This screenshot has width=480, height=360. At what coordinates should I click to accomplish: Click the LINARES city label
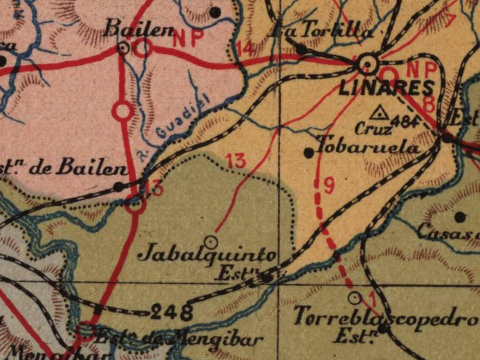(386, 88)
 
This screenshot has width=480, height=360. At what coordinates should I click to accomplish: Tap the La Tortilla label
(322, 31)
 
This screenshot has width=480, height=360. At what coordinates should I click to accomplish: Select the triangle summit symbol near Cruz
(379, 112)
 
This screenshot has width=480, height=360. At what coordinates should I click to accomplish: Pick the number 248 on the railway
(172, 311)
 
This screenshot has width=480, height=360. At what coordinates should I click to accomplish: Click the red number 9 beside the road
(329, 185)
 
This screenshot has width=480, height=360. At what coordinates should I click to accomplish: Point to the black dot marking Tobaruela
(308, 153)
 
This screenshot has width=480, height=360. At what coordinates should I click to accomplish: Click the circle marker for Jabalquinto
(211, 241)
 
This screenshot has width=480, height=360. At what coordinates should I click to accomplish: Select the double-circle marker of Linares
(367, 63)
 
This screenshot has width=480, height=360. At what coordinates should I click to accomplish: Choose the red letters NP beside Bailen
(188, 38)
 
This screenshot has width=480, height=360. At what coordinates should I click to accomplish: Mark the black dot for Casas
(460, 217)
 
